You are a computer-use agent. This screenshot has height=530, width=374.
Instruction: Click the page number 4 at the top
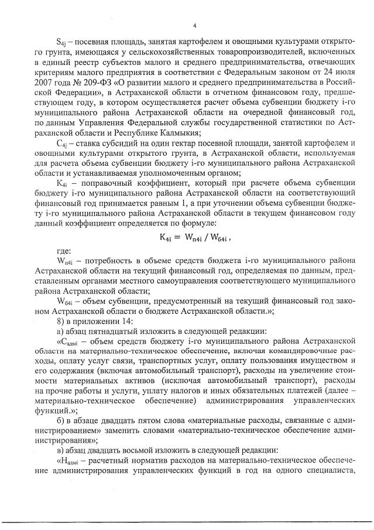(x=194, y=25)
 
